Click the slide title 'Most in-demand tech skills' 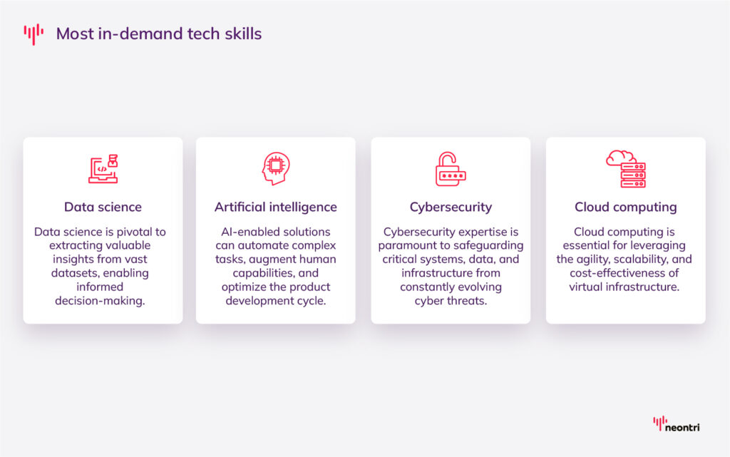point(159,34)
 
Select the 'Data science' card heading point(103,207)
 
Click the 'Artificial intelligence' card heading point(276,207)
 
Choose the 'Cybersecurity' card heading point(451,207)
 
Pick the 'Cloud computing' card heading point(625,207)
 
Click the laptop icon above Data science point(103,169)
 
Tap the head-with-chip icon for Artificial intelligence point(275,169)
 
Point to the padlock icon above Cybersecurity point(451,169)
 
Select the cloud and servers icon point(625,168)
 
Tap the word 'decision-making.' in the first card point(103,301)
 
